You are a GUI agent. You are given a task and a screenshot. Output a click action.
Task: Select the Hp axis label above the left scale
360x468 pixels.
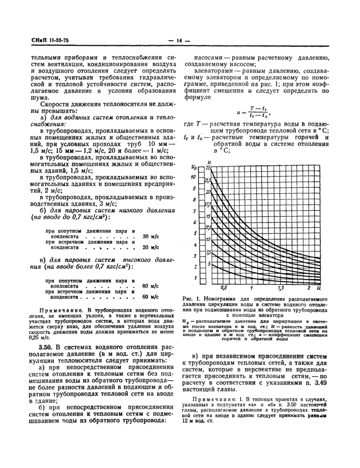[x=193, y=167]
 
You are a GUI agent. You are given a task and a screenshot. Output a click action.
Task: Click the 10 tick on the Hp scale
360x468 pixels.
[x=193, y=177]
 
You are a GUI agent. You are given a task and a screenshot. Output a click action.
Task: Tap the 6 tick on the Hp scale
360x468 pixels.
[x=194, y=222]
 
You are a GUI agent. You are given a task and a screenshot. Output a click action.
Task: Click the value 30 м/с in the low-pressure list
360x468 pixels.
[x=149, y=236]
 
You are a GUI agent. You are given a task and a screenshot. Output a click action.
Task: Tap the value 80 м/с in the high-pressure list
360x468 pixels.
[x=149, y=285]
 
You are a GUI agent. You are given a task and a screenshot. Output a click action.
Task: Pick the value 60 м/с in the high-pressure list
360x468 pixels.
[x=149, y=297]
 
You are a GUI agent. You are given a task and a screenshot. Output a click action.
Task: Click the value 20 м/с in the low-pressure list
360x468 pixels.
[x=149, y=247]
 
